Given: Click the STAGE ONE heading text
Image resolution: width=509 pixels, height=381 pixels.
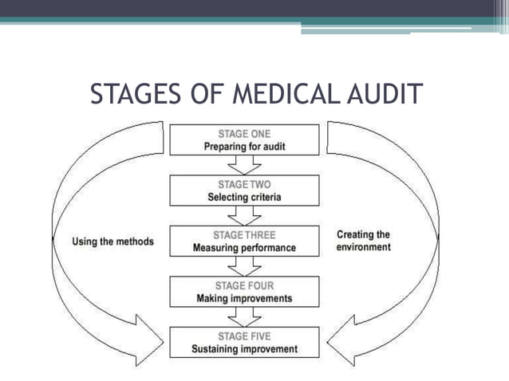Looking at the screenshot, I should click(244, 133).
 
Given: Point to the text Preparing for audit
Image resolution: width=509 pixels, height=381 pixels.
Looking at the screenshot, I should click(244, 146).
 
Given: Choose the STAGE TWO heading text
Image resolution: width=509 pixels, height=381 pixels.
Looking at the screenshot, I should click(244, 184).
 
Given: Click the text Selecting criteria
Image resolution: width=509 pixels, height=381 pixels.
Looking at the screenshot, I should click(244, 197).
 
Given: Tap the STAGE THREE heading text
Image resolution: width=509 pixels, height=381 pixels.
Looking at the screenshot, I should click(244, 235).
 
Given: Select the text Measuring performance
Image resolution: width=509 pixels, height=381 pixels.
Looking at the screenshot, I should click(244, 248).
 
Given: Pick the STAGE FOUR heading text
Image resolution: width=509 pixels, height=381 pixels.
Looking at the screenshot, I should click(244, 285).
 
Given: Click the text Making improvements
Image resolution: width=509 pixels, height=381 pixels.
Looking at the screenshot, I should click(244, 299).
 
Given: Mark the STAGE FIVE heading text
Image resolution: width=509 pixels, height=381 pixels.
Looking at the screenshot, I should click(244, 336).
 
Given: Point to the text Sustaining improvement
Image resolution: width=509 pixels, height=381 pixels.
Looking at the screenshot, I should click(244, 349).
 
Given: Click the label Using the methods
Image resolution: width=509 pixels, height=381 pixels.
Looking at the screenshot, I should click(112, 241).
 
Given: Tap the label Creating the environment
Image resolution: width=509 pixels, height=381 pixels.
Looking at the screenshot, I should click(363, 241).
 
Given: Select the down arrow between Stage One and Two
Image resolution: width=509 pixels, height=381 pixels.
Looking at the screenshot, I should click(244, 164).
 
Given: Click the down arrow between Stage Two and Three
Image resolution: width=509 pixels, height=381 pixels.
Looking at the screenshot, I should click(244, 215).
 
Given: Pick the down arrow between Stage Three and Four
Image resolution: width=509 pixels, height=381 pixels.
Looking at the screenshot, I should click(244, 267).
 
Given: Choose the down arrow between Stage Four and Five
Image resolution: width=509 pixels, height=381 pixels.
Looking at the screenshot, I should click(244, 317).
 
